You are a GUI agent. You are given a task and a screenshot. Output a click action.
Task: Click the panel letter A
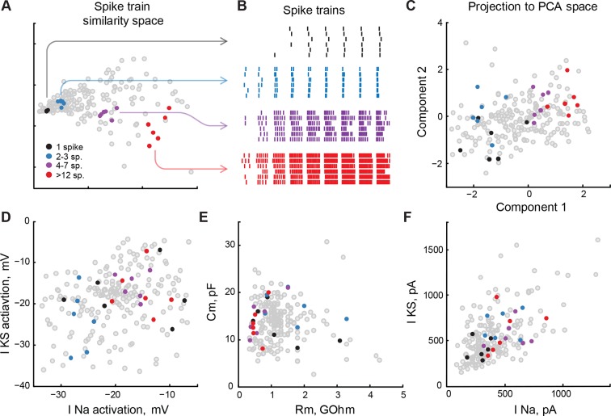tap(6, 8)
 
